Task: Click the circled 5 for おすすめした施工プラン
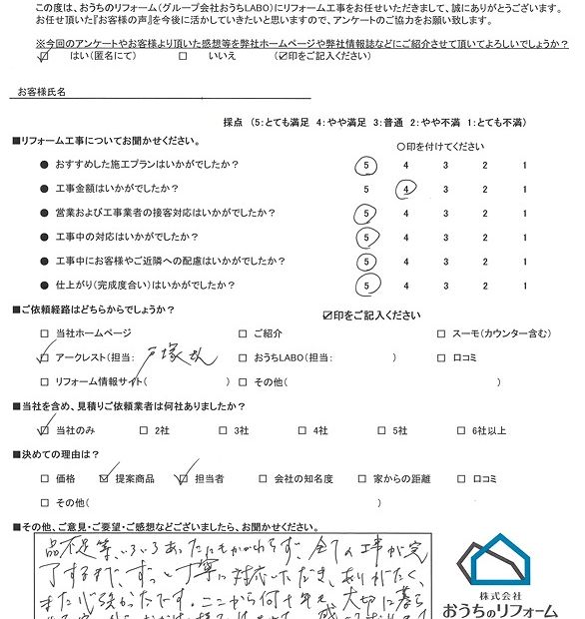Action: click(368, 165)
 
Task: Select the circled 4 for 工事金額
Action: click(405, 189)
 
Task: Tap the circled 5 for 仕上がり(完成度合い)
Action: click(368, 286)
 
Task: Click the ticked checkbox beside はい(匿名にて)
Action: click(43, 58)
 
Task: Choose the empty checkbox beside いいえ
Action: click(183, 58)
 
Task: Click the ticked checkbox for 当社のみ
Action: click(44, 430)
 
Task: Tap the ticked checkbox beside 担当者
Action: click(183, 478)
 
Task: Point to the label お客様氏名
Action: click(42, 91)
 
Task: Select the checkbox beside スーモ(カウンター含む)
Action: click(442, 334)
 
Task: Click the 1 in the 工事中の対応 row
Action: click(523, 238)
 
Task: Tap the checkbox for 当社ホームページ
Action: click(44, 334)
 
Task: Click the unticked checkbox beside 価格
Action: click(44, 478)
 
